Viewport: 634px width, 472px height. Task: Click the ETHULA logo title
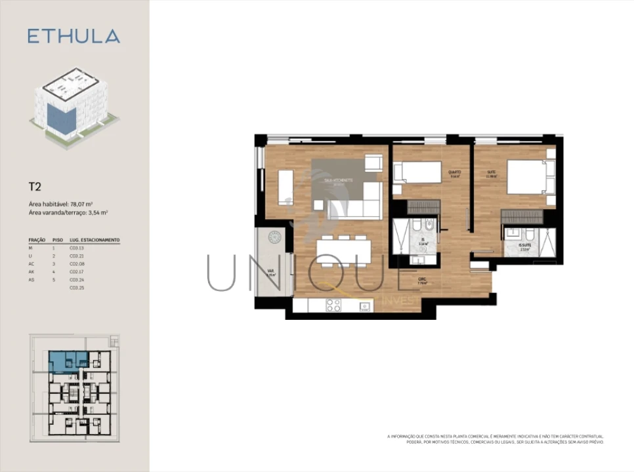pyautogui.click(x=74, y=36)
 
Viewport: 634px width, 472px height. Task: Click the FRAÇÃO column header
pyautogui.click(x=37, y=241)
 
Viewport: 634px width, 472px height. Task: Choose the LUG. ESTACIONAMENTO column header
pyautogui.click(x=95, y=241)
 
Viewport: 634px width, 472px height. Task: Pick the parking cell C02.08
pyautogui.click(x=77, y=264)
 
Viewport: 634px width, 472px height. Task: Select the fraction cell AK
pyautogui.click(x=33, y=271)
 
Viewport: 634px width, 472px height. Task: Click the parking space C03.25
pyautogui.click(x=77, y=288)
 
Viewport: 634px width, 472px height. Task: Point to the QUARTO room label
pyautogui.click(x=454, y=172)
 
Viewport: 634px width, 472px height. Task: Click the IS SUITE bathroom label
pyautogui.click(x=524, y=246)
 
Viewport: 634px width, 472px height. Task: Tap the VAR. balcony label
pyautogui.click(x=270, y=270)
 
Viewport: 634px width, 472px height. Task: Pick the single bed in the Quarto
pyautogui.click(x=417, y=172)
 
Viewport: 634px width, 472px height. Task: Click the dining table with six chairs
pyautogui.click(x=343, y=250)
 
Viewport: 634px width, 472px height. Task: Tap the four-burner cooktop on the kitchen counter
pyautogui.click(x=333, y=305)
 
